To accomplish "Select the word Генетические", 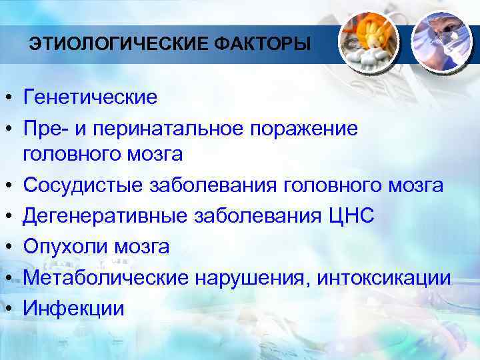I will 91,98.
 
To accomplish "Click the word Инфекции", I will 74,309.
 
